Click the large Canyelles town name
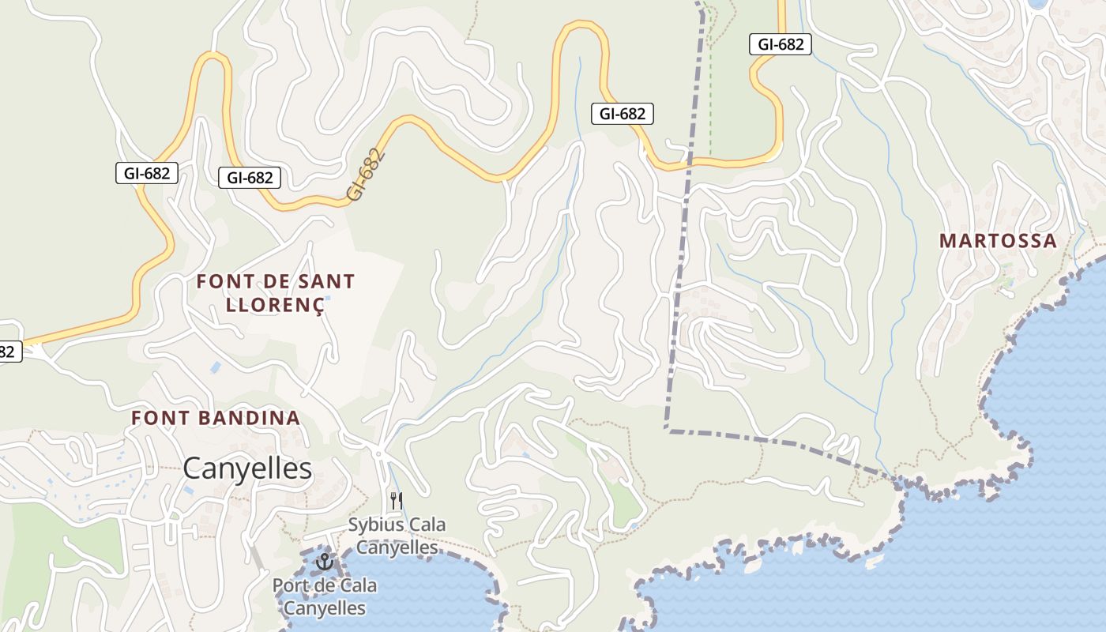(x=247, y=468)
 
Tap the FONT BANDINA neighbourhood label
(x=216, y=418)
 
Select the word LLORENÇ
(x=275, y=306)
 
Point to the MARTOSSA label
(x=998, y=241)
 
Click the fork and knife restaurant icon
(x=397, y=500)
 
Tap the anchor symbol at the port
(x=324, y=562)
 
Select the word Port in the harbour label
(x=289, y=586)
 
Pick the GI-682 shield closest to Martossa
(x=781, y=44)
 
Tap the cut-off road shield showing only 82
(x=8, y=352)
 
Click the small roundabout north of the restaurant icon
(x=379, y=453)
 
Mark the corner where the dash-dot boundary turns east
(x=668, y=430)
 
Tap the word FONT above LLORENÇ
(x=224, y=281)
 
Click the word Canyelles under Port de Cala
(x=324, y=608)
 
